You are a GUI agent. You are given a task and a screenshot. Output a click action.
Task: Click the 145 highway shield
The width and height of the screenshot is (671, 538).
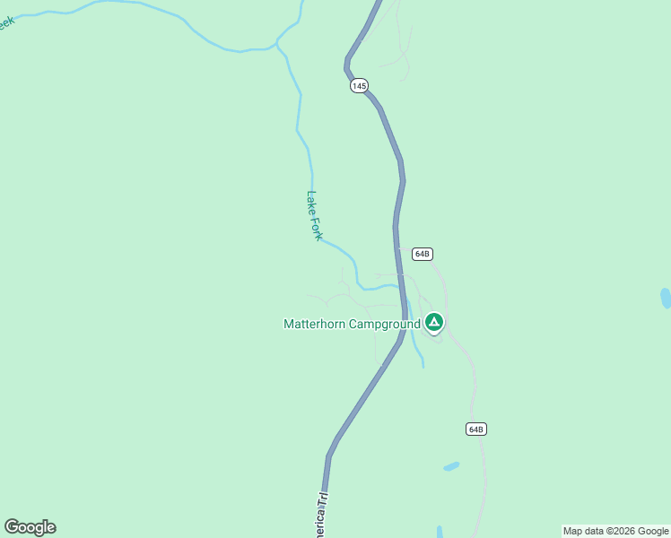(x=359, y=86)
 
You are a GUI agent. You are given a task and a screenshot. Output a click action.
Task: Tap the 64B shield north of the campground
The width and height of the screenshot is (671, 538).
(x=423, y=254)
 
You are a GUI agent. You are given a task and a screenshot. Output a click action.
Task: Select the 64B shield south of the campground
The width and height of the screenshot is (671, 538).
(x=475, y=429)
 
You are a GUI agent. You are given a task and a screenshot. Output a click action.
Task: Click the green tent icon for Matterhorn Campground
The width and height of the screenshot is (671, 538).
(x=433, y=322)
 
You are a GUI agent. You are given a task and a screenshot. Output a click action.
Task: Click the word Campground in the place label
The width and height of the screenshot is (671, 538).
(x=386, y=324)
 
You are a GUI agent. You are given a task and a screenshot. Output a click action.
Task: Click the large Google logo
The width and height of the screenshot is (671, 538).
(x=30, y=527)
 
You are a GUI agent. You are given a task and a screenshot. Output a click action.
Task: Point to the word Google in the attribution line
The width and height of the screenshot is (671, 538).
(x=652, y=531)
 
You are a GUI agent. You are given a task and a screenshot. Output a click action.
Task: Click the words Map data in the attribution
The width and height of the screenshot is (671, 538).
(x=583, y=531)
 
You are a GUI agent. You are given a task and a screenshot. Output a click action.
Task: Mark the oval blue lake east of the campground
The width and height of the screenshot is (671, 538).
(x=666, y=298)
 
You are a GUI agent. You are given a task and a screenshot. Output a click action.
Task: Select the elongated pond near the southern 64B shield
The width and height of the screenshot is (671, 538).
(x=451, y=466)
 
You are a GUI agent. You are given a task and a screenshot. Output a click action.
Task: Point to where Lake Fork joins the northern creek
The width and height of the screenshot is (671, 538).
(x=278, y=45)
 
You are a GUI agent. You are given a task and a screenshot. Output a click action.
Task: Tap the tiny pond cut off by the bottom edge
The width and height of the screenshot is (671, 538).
(x=440, y=532)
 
